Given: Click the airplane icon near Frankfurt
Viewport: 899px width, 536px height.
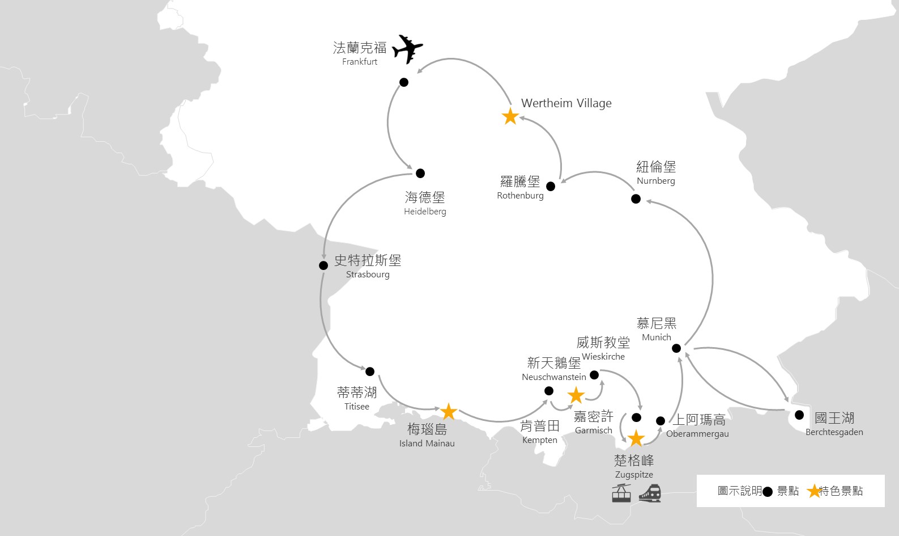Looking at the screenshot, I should [x=407, y=49].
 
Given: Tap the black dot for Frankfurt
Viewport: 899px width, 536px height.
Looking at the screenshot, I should [x=404, y=82].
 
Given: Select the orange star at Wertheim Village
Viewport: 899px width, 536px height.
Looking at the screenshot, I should [x=510, y=117].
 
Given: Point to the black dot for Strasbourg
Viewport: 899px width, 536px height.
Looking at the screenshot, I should [x=323, y=265].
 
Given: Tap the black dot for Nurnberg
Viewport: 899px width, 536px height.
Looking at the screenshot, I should [x=636, y=199].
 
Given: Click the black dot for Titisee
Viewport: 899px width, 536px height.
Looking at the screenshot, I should [x=370, y=372].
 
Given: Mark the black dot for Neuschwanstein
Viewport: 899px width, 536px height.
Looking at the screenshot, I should [x=549, y=391].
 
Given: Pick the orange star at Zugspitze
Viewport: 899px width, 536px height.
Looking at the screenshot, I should [x=636, y=438].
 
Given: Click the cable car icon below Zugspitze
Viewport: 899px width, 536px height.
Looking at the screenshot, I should [x=621, y=493].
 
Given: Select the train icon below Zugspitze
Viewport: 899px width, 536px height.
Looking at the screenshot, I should [x=650, y=493].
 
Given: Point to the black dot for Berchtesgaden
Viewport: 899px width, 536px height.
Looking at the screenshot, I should [x=799, y=415].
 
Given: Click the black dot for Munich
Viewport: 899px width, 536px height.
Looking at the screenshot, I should [x=676, y=348].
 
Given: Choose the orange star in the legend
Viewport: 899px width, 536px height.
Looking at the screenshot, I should [x=814, y=491].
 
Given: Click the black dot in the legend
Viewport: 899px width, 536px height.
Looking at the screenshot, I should [x=768, y=492].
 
